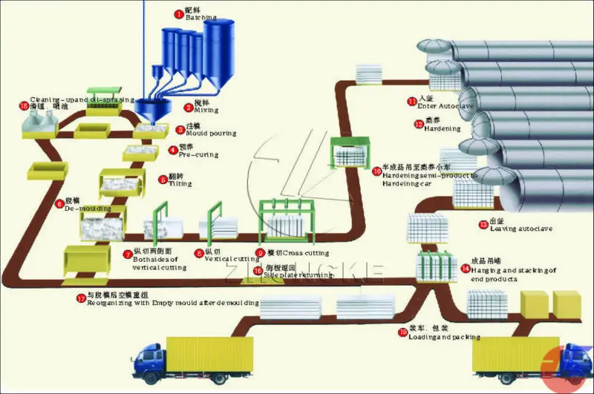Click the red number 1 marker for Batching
178,12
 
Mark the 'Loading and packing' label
444,337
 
